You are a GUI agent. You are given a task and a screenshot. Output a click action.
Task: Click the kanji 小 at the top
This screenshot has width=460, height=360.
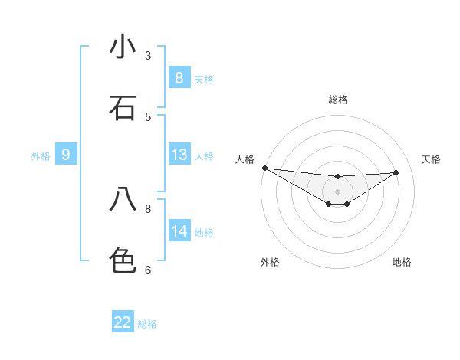123,47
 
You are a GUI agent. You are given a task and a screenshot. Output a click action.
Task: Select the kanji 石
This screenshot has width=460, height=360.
123,108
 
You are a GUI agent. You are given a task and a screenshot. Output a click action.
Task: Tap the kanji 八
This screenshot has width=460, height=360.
123,200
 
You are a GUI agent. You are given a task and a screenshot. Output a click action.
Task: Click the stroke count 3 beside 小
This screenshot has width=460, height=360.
148,55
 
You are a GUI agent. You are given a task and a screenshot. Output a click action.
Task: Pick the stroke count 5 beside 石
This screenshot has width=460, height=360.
148,116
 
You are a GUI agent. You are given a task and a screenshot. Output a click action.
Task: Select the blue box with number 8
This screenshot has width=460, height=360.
179,77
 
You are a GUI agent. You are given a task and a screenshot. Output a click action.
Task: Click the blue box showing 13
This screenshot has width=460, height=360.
179,155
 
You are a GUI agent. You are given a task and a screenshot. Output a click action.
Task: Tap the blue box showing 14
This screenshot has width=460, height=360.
179,231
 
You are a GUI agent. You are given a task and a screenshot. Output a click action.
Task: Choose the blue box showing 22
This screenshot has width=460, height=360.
123,322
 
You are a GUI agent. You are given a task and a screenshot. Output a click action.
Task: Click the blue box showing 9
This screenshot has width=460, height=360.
66,155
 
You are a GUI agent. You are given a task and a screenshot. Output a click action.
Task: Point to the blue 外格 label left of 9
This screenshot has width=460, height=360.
41,156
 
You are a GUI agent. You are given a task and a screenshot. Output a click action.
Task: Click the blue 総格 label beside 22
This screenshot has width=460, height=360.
147,324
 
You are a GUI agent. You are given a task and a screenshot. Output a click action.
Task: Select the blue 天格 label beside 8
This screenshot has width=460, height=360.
204,79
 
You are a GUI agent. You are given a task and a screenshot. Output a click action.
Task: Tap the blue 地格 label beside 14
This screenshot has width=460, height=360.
204,233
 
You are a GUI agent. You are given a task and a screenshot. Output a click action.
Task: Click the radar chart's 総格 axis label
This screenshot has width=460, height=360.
338,100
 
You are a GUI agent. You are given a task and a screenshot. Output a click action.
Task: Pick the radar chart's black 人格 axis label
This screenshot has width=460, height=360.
245,159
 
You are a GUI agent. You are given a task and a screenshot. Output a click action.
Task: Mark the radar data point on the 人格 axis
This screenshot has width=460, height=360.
264,168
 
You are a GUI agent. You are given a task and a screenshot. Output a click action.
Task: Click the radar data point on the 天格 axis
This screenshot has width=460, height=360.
396,172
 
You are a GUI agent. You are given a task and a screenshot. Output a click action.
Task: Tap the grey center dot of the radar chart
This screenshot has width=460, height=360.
338,191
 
